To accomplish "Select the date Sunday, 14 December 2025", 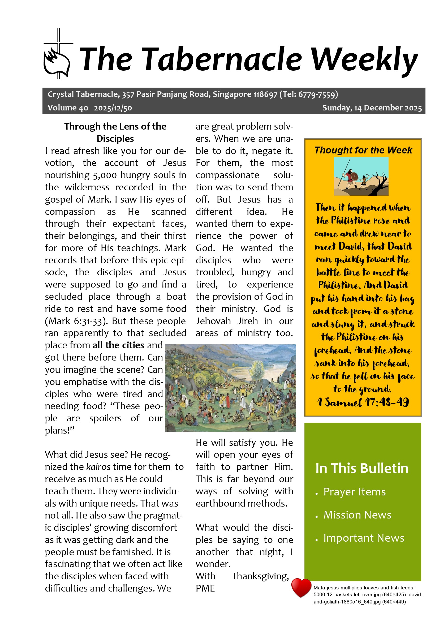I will tap(372, 108).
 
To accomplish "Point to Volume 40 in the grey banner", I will tap(68, 108).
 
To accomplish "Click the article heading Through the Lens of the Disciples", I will tap(115, 132).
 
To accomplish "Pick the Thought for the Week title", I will tap(363, 150).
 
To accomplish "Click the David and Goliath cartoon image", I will tap(361, 176).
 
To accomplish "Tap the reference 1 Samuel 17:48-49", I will tap(363, 402).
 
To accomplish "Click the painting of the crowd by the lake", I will tap(230, 388).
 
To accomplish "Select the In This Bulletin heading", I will tap(362, 468).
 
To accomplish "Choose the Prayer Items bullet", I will tap(354, 492).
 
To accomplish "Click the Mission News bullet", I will tap(357, 515).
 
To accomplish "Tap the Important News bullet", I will tap(364, 538).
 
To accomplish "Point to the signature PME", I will tap(205, 588).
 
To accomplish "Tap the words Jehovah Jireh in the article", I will tap(226, 321).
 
